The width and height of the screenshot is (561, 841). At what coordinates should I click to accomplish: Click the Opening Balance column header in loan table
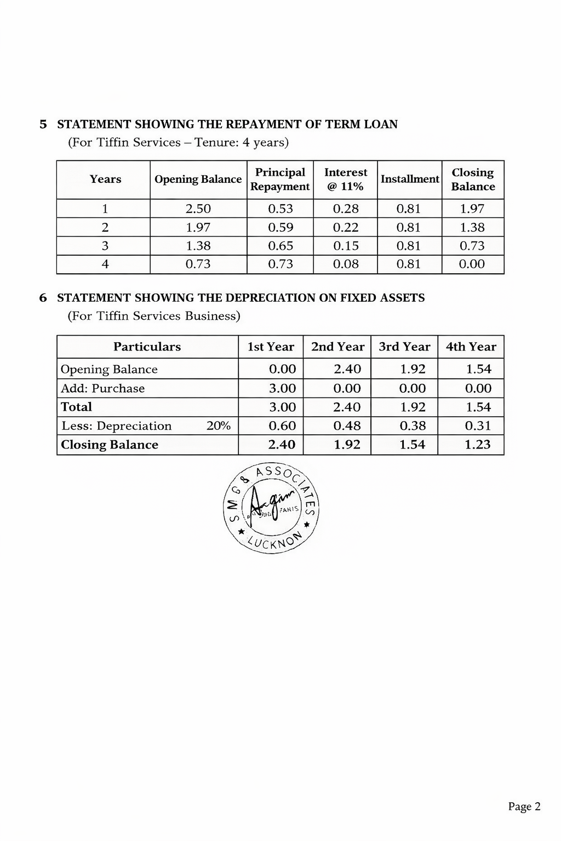pyautogui.click(x=198, y=180)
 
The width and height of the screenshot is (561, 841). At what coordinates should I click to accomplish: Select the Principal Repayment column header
pyautogui.click(x=280, y=180)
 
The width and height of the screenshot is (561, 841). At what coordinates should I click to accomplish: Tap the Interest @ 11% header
pyautogui.click(x=346, y=180)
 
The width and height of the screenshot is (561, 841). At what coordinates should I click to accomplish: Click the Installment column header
pyautogui.click(x=410, y=180)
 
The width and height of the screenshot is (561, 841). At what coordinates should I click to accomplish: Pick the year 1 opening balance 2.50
pyautogui.click(x=198, y=209)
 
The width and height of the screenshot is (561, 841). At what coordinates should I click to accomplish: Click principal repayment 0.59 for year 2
pyautogui.click(x=280, y=227)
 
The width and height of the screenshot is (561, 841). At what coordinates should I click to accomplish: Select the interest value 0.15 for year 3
pyautogui.click(x=346, y=246)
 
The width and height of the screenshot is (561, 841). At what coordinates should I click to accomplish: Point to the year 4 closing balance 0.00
pyautogui.click(x=472, y=264)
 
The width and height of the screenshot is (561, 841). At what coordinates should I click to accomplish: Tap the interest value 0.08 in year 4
pyautogui.click(x=346, y=264)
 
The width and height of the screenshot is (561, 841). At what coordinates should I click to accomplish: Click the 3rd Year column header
pyautogui.click(x=404, y=347)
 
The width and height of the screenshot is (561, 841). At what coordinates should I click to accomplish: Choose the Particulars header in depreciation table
pyautogui.click(x=147, y=347)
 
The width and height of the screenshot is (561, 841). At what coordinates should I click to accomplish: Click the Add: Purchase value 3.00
pyautogui.click(x=282, y=388)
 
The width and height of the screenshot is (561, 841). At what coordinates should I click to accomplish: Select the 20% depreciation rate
pyautogui.click(x=218, y=426)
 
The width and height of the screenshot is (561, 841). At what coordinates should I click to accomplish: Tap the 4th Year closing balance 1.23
pyautogui.click(x=478, y=445)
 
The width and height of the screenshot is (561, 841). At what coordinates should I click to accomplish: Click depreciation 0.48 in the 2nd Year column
pyautogui.click(x=347, y=426)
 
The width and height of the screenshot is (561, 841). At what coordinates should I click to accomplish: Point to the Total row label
pyautogui.click(x=76, y=407)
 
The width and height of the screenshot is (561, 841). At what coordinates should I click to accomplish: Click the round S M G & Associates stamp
pyautogui.click(x=272, y=508)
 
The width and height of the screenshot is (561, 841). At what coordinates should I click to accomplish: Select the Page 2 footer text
pyautogui.click(x=524, y=807)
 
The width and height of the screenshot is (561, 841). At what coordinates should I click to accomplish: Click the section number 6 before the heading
pyautogui.click(x=43, y=298)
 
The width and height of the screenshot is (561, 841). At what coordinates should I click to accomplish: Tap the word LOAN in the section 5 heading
pyautogui.click(x=382, y=124)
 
